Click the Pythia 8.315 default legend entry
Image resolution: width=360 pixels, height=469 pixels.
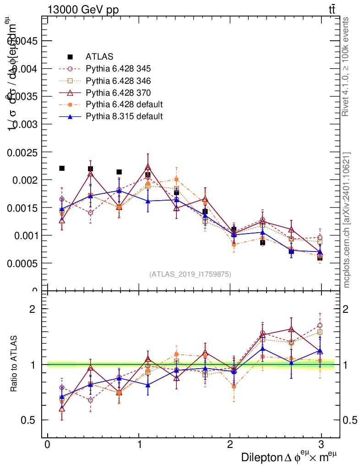click(124, 116)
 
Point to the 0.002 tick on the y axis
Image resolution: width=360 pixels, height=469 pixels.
click(27, 180)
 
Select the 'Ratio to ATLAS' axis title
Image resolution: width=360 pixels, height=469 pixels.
click(14, 365)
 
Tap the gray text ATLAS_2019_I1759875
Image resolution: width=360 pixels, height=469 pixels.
click(190, 274)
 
